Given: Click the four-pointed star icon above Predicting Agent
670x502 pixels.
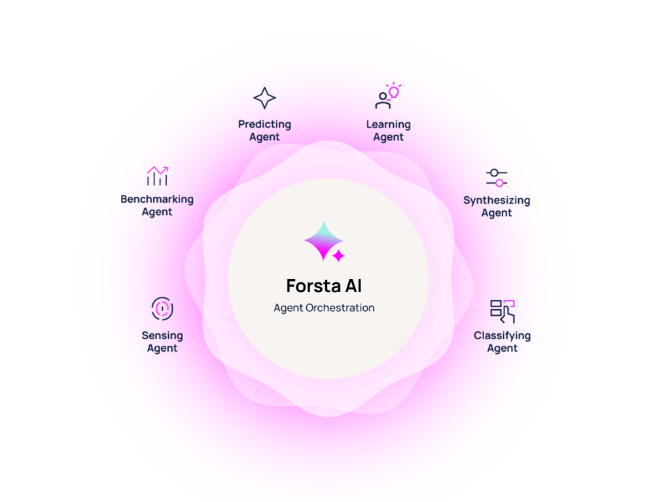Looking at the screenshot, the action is tap(264, 98).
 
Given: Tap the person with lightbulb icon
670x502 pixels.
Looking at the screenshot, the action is tap(388, 95).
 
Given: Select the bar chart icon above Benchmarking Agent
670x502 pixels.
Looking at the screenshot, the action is tap(157, 176).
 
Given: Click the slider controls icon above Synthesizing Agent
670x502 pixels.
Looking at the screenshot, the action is tap(497, 178).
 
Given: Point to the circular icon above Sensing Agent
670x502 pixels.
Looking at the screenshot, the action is tap(162, 309).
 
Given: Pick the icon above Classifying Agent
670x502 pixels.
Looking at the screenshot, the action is tap(502, 311).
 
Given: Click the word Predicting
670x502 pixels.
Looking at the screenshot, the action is tap(264, 125).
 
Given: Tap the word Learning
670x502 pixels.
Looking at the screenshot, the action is tap(389, 125).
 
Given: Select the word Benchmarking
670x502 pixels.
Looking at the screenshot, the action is tap(157, 199).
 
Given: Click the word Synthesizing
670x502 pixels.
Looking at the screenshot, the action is tap(497, 201).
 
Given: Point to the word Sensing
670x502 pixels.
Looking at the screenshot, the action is tap(162, 336).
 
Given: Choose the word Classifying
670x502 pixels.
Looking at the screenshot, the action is tap(502, 336).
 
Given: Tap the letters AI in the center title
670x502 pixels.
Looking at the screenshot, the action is tap(353, 286).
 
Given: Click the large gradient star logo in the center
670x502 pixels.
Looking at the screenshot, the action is tap(323, 241).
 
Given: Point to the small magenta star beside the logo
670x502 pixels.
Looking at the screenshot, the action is tap(338, 256).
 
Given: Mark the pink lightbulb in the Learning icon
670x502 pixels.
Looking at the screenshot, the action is tap(393, 90).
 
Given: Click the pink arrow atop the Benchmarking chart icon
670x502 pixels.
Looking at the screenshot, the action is tap(157, 171).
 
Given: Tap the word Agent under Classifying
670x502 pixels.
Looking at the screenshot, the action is tap(502, 348).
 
